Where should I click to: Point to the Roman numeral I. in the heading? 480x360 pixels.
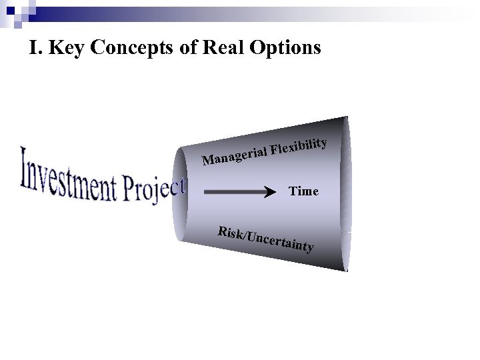point(36,49)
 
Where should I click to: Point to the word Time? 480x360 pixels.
point(303,191)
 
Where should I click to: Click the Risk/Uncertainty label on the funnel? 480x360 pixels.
point(265,240)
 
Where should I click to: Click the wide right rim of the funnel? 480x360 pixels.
point(346,193)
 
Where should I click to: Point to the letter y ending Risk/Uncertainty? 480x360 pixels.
point(309,251)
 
